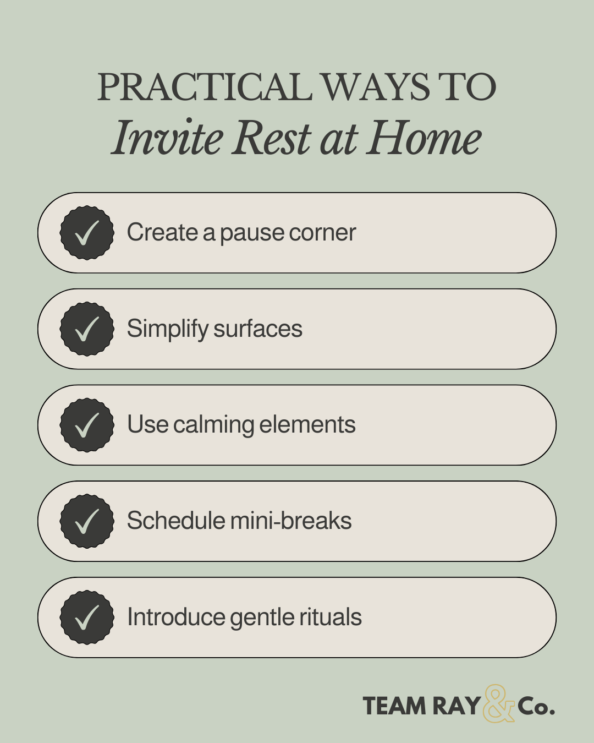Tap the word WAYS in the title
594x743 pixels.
(375, 88)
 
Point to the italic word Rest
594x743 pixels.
(271, 138)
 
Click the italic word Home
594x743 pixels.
(425, 138)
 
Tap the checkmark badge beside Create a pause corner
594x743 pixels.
(87, 233)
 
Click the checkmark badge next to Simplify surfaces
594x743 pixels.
(87, 329)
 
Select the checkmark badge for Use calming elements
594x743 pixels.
(87, 425)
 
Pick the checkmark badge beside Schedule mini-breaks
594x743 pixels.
(87, 521)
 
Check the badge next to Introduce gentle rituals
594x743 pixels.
(87, 617)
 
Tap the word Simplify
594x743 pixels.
(167, 329)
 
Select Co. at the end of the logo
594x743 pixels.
(536, 706)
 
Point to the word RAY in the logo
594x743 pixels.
(456, 706)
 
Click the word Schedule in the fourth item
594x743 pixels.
(175, 521)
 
